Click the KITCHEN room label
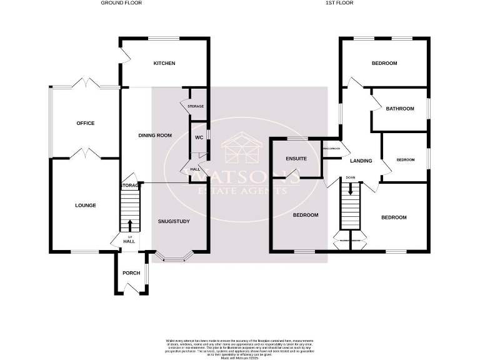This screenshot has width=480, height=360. coord(164,63)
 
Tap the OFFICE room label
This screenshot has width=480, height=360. coord(85,123)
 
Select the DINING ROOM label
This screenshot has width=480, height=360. coord(154,135)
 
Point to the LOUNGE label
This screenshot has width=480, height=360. coord(85,205)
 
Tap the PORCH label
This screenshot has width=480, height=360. coord(131,272)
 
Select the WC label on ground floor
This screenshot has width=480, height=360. coord(199,138)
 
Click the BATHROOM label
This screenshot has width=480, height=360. coord(399,109)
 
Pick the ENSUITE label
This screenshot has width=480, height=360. coord(296,159)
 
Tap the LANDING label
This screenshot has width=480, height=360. coord(361,161)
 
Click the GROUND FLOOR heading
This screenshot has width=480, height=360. coord(121,3)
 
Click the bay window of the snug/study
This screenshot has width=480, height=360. coord(175,256)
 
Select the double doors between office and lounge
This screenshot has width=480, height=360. coord(85,154)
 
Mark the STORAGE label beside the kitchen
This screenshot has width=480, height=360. coord(196,107)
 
